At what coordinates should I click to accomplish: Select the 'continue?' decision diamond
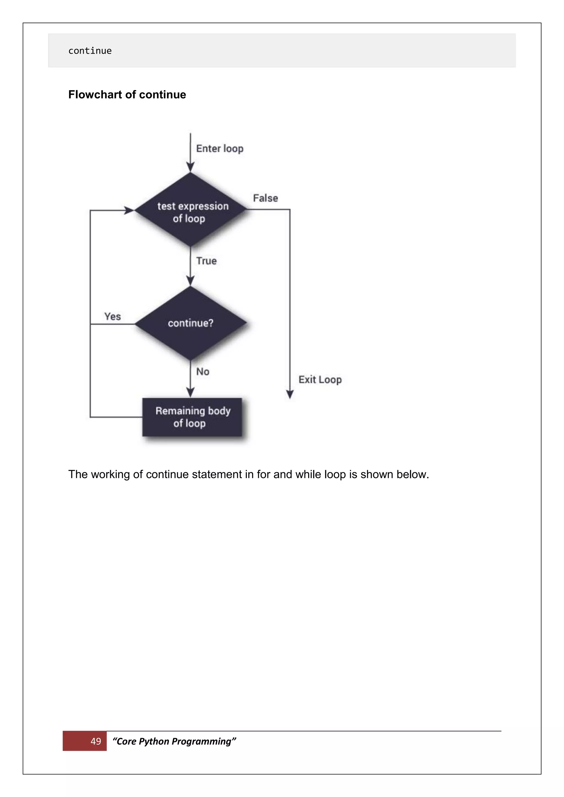190,323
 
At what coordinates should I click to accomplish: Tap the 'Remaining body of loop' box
192,417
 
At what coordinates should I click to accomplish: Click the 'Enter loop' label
219,149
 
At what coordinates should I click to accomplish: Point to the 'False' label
265,198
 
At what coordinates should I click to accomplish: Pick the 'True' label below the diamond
206,261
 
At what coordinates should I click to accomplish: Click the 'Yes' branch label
113,316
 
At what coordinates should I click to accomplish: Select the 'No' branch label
203,372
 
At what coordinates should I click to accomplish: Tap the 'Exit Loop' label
320,380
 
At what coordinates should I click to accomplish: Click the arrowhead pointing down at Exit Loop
290,394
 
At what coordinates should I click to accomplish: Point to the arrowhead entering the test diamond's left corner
129,210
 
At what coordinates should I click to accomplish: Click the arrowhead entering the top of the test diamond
190,167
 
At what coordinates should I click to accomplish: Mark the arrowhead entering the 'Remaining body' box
190,393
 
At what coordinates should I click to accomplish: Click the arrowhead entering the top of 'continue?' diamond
190,281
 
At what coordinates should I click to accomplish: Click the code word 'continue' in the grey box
90,51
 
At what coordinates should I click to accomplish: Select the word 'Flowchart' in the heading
95,95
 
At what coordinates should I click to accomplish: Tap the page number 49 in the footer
96,741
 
